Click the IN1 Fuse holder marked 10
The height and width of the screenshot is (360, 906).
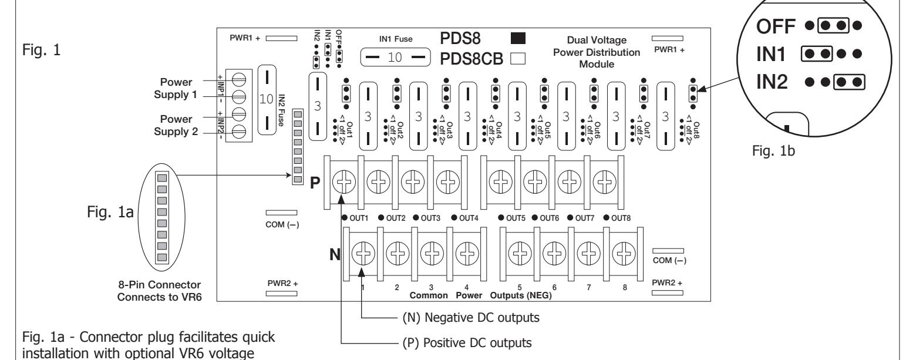click(x=395, y=57)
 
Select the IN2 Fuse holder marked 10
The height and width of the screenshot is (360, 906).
click(x=267, y=99)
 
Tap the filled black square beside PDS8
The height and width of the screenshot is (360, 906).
click(x=518, y=38)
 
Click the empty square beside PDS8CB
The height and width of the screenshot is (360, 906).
click(x=518, y=59)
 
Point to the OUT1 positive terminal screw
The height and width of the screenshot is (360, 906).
click(x=344, y=182)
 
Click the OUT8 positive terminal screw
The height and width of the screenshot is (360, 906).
click(x=605, y=182)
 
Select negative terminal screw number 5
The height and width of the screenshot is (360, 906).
click(x=520, y=254)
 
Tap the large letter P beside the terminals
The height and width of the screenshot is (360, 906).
click(x=315, y=183)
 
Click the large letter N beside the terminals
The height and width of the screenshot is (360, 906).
click(x=335, y=254)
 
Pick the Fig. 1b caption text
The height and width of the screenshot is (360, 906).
click(x=773, y=151)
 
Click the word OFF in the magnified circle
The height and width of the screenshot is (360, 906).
click(x=776, y=26)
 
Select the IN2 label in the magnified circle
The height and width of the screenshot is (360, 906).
click(x=772, y=82)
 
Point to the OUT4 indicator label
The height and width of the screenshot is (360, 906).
click(x=469, y=218)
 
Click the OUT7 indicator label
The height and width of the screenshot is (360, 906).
click(x=585, y=218)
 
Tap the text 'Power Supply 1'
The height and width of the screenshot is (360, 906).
click(x=176, y=88)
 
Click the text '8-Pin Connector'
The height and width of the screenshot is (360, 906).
click(x=159, y=285)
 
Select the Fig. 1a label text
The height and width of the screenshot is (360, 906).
click(x=110, y=211)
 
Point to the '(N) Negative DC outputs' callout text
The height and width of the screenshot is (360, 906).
click(x=471, y=318)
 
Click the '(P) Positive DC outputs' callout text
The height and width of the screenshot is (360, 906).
click(x=467, y=343)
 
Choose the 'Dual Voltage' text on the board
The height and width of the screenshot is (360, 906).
click(x=597, y=40)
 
